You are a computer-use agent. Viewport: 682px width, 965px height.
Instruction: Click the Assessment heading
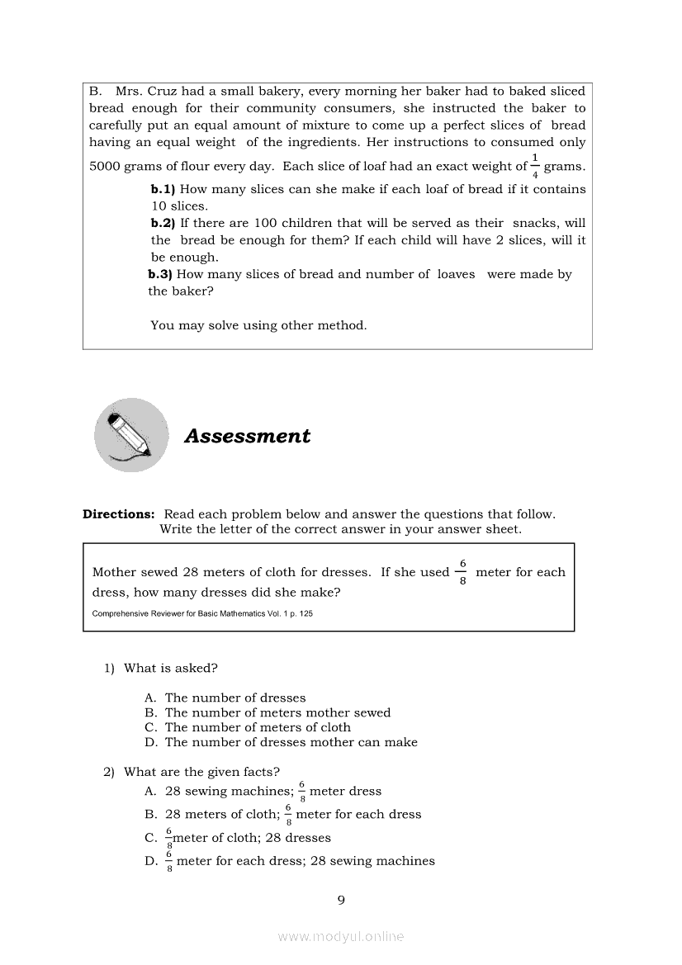click(x=247, y=436)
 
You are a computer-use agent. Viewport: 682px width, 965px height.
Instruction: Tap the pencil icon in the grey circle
click(x=131, y=435)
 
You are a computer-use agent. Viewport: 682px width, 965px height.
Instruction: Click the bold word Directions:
click(x=118, y=514)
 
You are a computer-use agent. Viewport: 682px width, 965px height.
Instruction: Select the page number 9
click(x=341, y=900)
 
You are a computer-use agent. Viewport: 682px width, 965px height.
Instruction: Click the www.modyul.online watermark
click(x=341, y=937)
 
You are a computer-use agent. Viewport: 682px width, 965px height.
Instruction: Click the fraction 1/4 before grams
click(x=535, y=165)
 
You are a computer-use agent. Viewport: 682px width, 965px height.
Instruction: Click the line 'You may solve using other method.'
click(x=258, y=325)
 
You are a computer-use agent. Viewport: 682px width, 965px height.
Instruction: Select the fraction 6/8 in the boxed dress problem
click(x=462, y=572)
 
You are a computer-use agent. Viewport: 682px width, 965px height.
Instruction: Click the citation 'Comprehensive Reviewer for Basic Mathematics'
click(x=202, y=614)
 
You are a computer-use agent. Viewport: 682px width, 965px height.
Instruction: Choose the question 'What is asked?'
click(x=170, y=669)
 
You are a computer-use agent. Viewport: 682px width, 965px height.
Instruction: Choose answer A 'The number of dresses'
click(x=234, y=698)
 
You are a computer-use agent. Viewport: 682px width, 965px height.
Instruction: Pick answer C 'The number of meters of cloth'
click(x=257, y=727)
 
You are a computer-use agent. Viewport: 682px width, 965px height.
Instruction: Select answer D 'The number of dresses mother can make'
click(x=291, y=742)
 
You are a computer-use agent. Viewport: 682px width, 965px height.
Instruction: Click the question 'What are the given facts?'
click(x=201, y=773)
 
